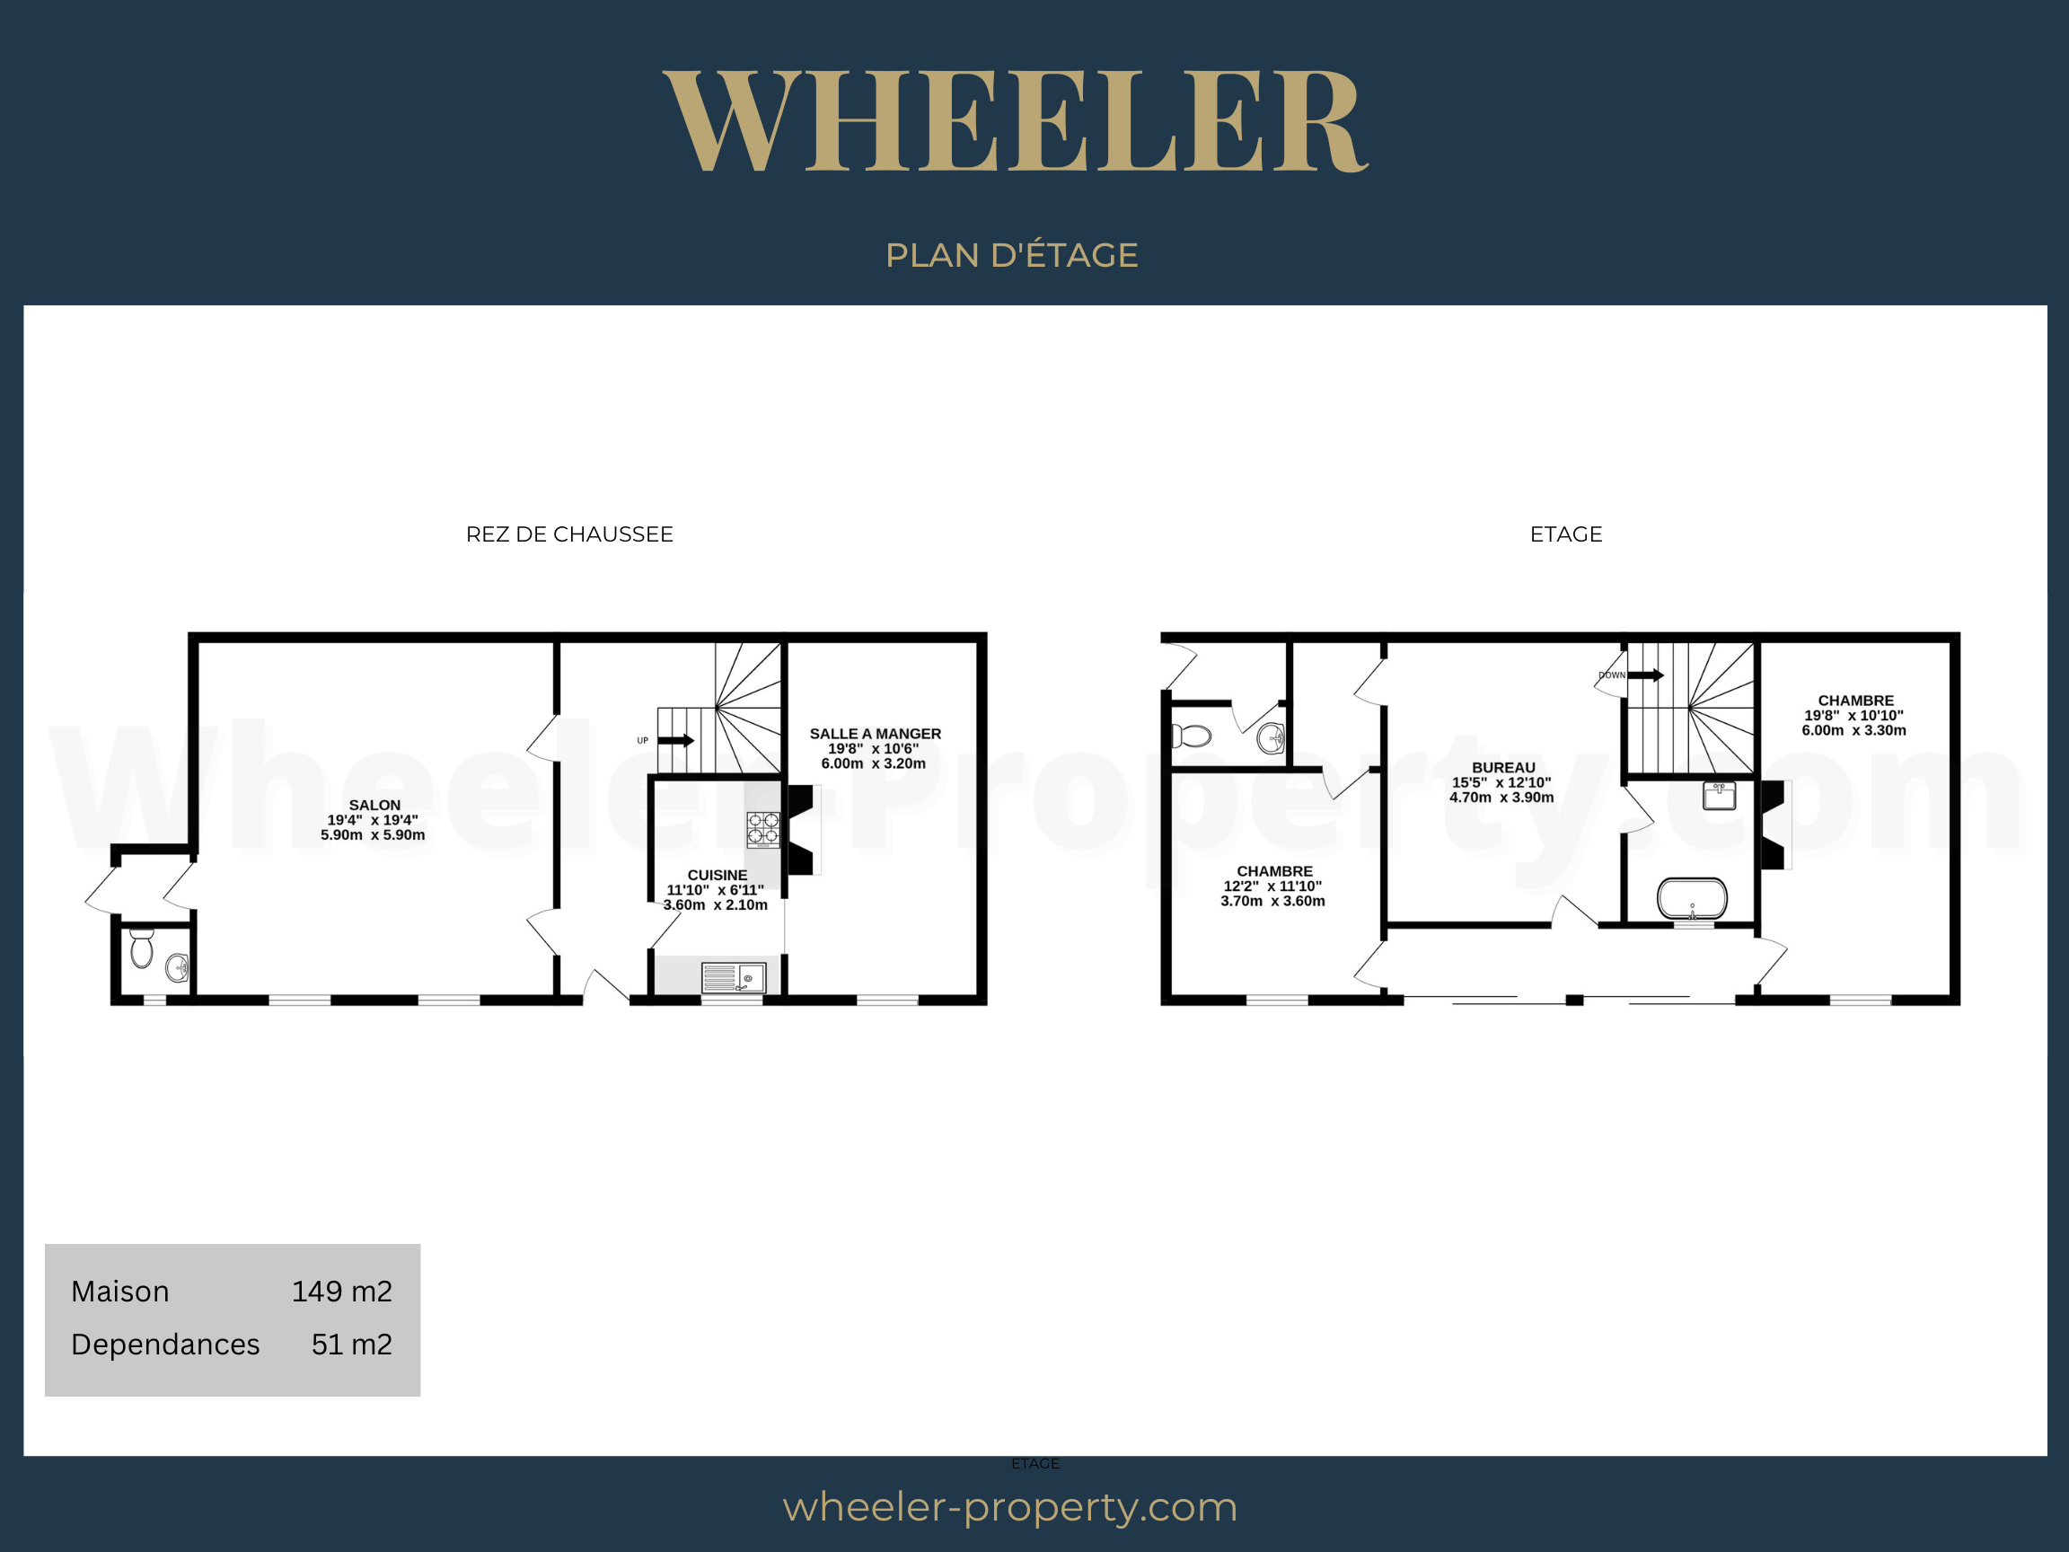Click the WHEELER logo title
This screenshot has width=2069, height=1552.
click(1016, 120)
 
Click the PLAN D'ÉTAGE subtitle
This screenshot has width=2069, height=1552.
click(1011, 254)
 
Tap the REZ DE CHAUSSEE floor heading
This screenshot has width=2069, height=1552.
click(568, 534)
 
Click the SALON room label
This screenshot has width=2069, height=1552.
click(374, 805)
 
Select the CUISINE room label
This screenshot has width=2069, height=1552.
click(718, 875)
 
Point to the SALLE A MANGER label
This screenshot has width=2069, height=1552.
click(876, 734)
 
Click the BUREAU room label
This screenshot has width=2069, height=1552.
click(1503, 767)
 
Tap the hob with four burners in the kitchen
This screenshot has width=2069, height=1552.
click(763, 829)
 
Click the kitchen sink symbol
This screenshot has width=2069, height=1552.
click(735, 977)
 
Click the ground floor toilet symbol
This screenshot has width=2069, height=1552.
click(141, 948)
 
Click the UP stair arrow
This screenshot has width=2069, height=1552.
click(675, 741)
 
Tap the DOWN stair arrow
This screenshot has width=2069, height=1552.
click(1645, 675)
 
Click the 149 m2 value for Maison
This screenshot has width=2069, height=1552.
click(341, 1291)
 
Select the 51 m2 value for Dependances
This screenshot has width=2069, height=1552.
click(352, 1345)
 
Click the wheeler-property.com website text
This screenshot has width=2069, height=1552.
click(1010, 1507)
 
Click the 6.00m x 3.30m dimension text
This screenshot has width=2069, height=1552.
click(1853, 729)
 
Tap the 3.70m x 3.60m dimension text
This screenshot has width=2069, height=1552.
click(1272, 901)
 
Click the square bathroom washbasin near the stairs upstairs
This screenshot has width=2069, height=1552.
click(1719, 794)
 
